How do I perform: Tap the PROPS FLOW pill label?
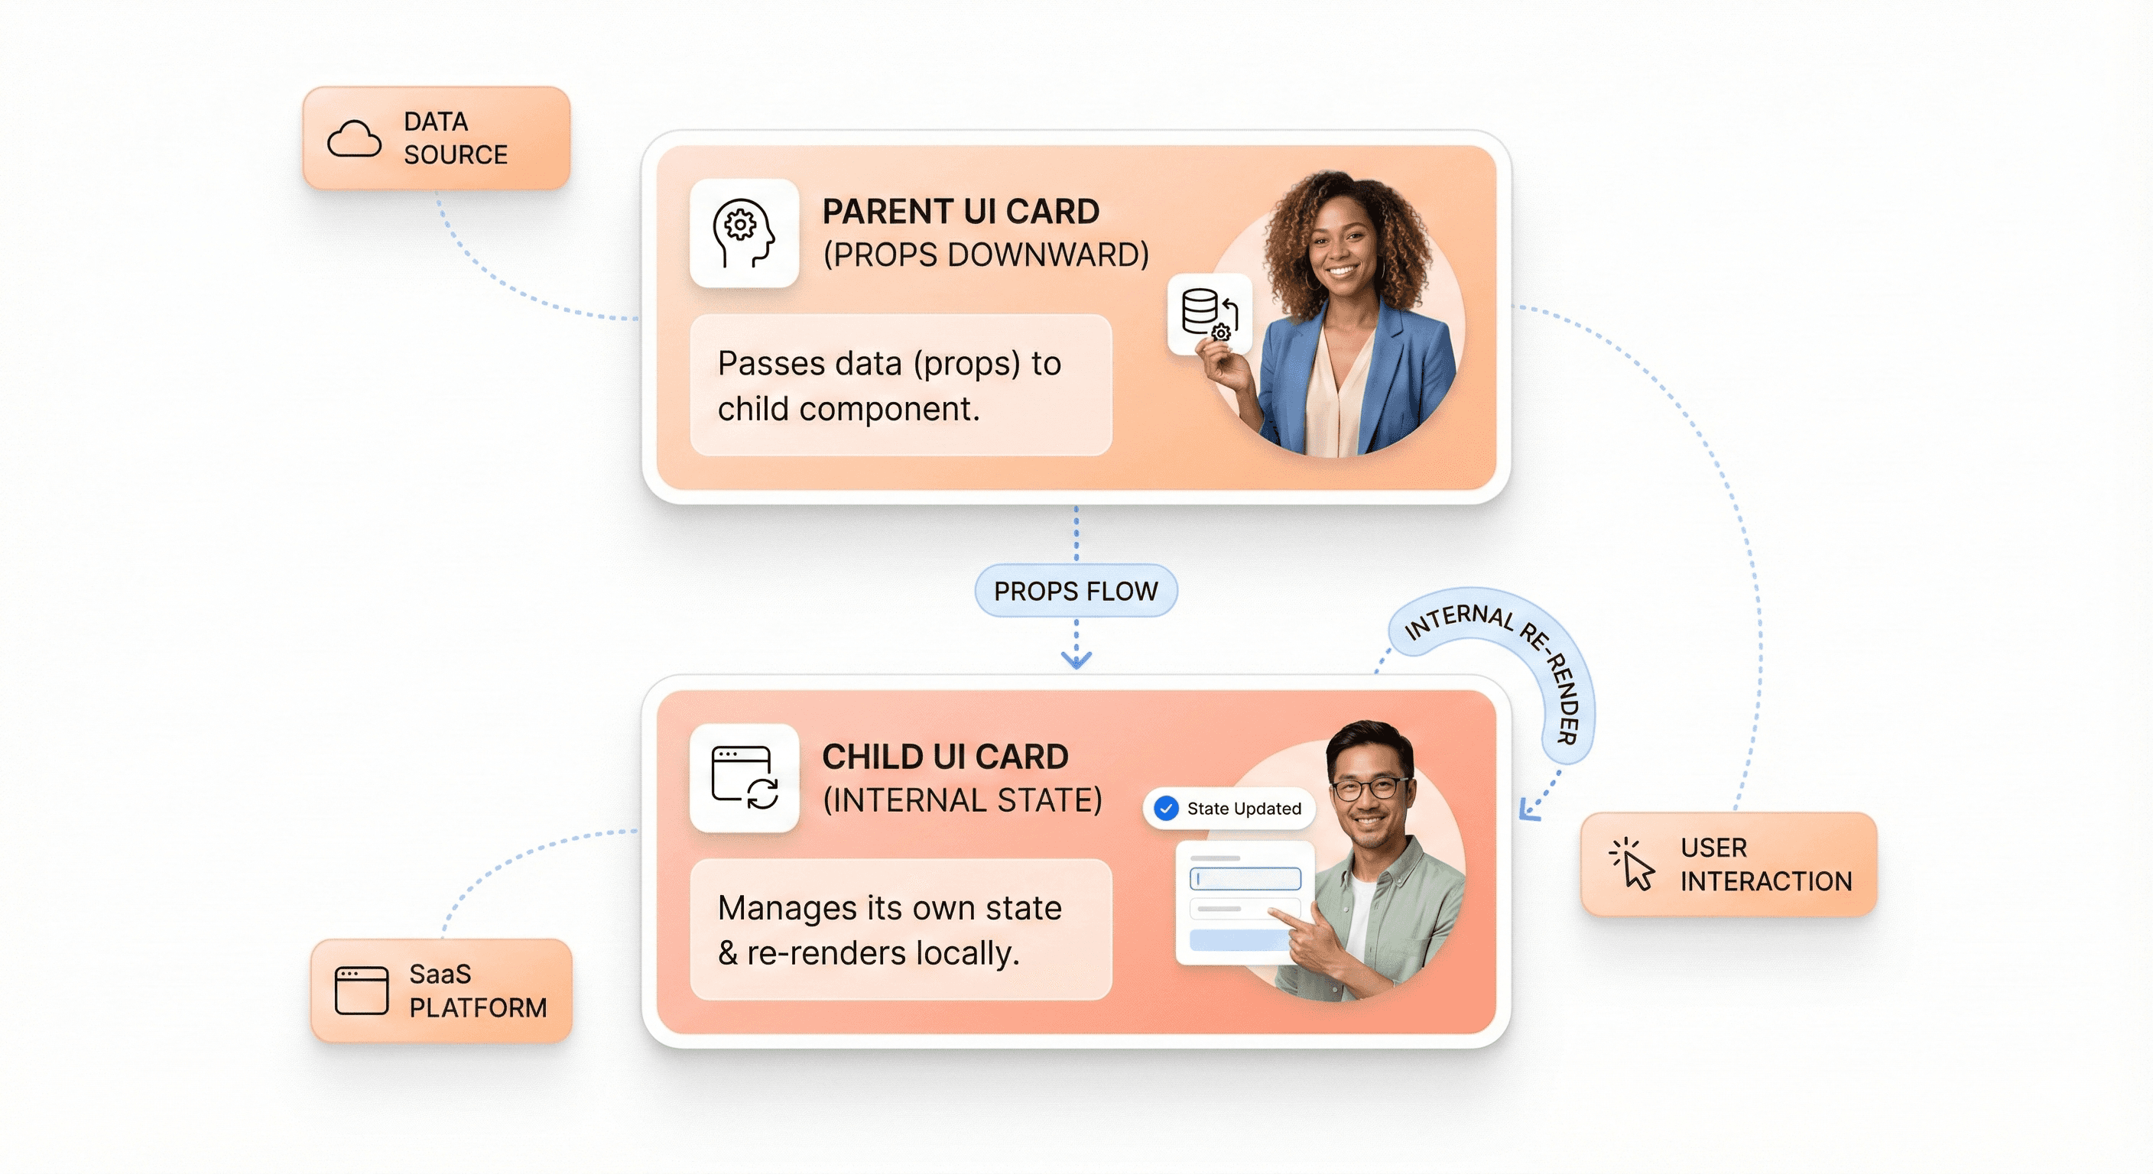(1076, 591)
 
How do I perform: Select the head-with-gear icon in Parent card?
(743, 232)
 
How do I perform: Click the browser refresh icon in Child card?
(744, 777)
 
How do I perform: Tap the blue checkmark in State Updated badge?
(1165, 808)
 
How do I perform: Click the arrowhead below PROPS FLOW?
(1076, 660)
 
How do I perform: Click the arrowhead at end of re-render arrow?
(1527, 810)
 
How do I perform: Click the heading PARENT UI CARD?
(960, 212)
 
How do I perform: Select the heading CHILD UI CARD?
(944, 756)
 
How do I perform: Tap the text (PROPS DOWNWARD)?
(986, 255)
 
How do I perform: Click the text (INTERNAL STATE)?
(962, 799)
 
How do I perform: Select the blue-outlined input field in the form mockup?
(1245, 878)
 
